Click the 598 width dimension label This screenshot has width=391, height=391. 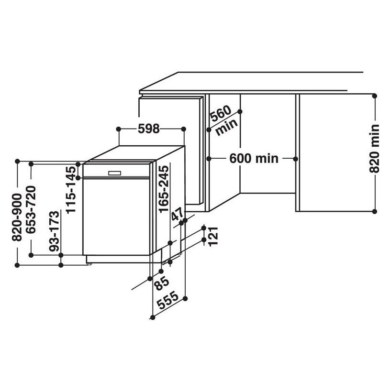(x=148, y=129)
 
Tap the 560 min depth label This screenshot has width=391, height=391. (x=223, y=120)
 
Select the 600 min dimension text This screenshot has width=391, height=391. (x=254, y=158)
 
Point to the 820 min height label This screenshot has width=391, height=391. (x=374, y=148)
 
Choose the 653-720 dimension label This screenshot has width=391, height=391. (x=31, y=209)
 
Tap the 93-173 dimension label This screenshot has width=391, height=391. (x=55, y=231)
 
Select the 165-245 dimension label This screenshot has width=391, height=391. (x=164, y=189)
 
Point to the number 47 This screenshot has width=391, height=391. (x=178, y=215)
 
